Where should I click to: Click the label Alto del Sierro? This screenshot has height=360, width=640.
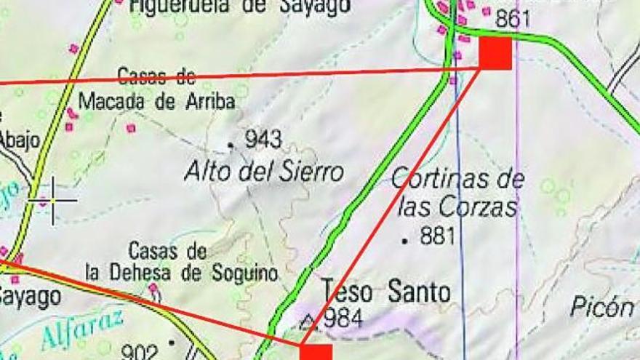[x=263, y=172]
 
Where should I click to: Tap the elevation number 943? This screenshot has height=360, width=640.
[x=263, y=138]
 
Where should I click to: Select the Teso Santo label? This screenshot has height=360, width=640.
[x=385, y=292]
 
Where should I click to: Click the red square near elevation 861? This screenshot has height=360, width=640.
[x=495, y=53]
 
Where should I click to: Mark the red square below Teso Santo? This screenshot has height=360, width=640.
[x=316, y=352]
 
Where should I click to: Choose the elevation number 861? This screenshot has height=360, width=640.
[x=513, y=20]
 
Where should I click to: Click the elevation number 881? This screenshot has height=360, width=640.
[x=438, y=236]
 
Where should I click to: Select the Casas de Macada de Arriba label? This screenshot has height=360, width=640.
[x=156, y=89]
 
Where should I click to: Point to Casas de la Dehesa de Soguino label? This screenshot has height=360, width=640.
[x=181, y=263]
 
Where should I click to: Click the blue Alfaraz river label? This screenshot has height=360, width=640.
[x=81, y=331]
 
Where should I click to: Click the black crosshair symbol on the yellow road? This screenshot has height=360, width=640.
[x=53, y=199]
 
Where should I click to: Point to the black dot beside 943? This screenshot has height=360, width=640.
[x=231, y=145]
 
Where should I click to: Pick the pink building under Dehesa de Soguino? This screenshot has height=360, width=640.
[x=153, y=288]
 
